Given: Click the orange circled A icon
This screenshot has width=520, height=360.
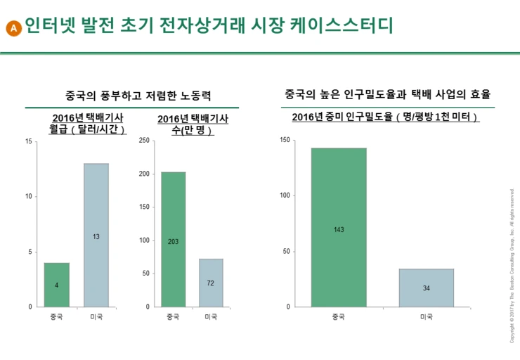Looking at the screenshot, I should pyautogui.click(x=13, y=28).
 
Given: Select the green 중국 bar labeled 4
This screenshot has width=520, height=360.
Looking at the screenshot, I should pyautogui.click(x=57, y=285).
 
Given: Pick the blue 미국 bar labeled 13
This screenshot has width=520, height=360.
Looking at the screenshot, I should pyautogui.click(x=96, y=236).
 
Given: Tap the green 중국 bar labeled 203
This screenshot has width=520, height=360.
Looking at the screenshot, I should pyautogui.click(x=173, y=239).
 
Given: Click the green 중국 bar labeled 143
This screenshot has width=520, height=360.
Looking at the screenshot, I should pyautogui.click(x=339, y=227).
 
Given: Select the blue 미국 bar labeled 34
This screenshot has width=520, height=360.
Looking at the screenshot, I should pyautogui.click(x=426, y=288).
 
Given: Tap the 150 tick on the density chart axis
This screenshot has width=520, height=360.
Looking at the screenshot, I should pyautogui.click(x=284, y=140).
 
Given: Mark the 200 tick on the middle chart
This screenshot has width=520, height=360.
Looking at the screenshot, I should pyautogui.click(x=144, y=174).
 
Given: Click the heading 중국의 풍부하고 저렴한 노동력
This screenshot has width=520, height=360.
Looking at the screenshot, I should pyautogui.click(x=138, y=95).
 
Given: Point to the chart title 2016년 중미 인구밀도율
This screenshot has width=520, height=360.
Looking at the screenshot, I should pyautogui.click(x=385, y=117).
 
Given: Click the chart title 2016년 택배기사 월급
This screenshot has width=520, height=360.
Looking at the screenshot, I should pyautogui.click(x=88, y=124).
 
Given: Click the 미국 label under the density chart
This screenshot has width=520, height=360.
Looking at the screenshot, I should pyautogui.click(x=426, y=316).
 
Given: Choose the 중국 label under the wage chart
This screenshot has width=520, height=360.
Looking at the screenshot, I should pyautogui.click(x=57, y=316).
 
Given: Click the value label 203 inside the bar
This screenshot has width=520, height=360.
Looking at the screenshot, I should pyautogui.click(x=173, y=242).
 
